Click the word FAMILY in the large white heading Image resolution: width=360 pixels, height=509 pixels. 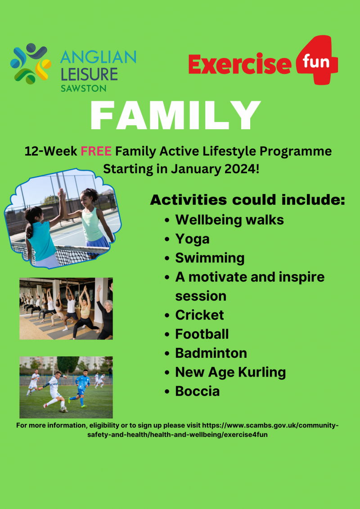(x=175, y=116)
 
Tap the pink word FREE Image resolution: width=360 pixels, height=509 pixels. (x=96, y=151)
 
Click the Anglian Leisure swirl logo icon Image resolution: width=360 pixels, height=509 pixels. (x=31, y=64)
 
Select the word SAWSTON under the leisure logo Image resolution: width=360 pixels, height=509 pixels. (x=83, y=88)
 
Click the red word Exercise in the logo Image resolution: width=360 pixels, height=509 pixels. (x=239, y=63)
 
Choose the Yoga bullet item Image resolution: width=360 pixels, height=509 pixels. (x=192, y=239)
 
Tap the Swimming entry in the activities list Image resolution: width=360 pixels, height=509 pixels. (x=210, y=258)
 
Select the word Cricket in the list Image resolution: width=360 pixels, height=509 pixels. (x=199, y=315)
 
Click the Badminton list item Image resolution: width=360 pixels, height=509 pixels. (x=211, y=353)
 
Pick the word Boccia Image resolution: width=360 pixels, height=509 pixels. (x=198, y=391)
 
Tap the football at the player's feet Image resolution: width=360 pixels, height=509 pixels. (x=63, y=409)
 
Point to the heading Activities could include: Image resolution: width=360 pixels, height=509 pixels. (x=247, y=200)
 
